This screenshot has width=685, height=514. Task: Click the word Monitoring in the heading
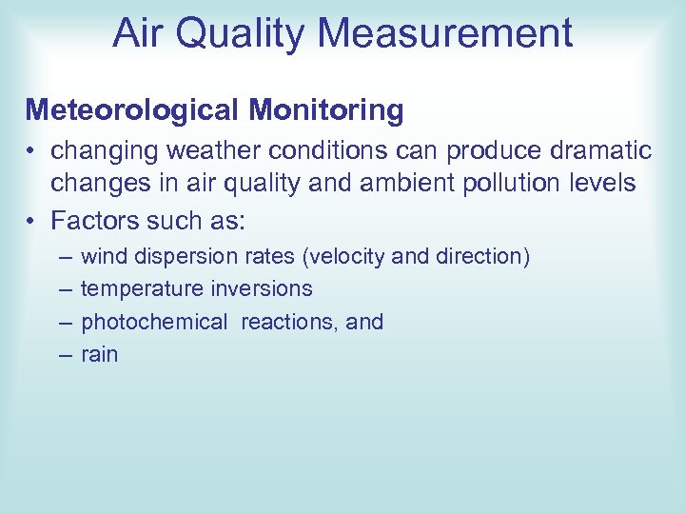(x=326, y=110)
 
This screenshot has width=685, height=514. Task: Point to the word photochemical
(x=154, y=322)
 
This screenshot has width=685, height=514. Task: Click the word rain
(x=99, y=354)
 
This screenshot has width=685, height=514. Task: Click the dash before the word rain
(x=64, y=354)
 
